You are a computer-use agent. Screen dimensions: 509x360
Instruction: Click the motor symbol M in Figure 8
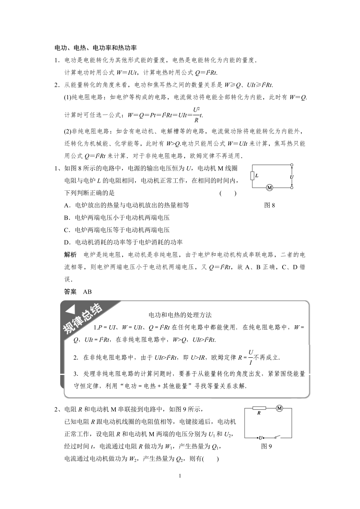pyautogui.click(x=269, y=188)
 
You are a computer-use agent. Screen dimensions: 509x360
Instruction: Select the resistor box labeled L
pyautogui.click(x=252, y=176)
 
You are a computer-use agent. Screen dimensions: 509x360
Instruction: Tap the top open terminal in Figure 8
pyautogui.click(x=292, y=165)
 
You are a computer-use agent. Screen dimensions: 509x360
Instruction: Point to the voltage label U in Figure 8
pyautogui.click(x=292, y=177)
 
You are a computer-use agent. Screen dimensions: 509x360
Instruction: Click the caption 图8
pyautogui.click(x=270, y=205)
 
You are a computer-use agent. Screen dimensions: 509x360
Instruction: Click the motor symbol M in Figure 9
pyautogui.click(x=279, y=408)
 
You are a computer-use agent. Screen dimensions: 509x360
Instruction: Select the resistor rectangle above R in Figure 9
pyautogui.click(x=259, y=408)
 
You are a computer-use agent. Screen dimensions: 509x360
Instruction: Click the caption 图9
pyautogui.click(x=266, y=446)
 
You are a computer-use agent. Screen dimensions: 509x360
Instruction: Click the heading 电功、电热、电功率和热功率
pyautogui.click(x=95, y=48)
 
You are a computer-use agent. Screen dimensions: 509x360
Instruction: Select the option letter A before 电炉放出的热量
pyautogui.click(x=67, y=205)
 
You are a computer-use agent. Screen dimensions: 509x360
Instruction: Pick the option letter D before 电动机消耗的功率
pyautogui.click(x=67, y=242)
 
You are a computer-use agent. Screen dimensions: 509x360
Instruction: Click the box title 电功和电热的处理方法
pyautogui.click(x=180, y=315)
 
